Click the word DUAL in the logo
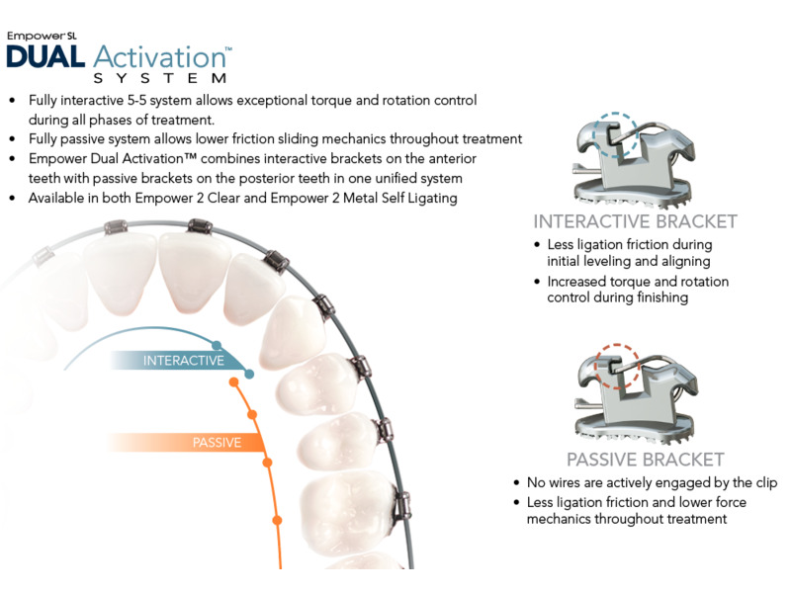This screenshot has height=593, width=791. coord(45,56)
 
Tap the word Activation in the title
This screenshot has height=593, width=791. coord(160,57)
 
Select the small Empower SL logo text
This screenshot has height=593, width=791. coord(42,36)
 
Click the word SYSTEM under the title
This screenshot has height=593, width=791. coord(160,78)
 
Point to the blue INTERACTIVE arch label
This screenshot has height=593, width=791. coord(184,361)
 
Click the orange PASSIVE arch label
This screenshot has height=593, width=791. coord(217,443)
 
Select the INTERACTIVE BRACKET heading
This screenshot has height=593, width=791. coord(635,221)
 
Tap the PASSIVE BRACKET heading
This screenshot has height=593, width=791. coord(646,460)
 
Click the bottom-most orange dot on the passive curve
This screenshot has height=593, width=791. coord(277,520)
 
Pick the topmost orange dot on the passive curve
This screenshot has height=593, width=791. coord(233,382)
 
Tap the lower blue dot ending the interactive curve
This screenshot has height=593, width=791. coord(249,375)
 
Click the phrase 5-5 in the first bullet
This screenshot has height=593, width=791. coord(137,101)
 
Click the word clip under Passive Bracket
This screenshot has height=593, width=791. coord(766,483)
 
